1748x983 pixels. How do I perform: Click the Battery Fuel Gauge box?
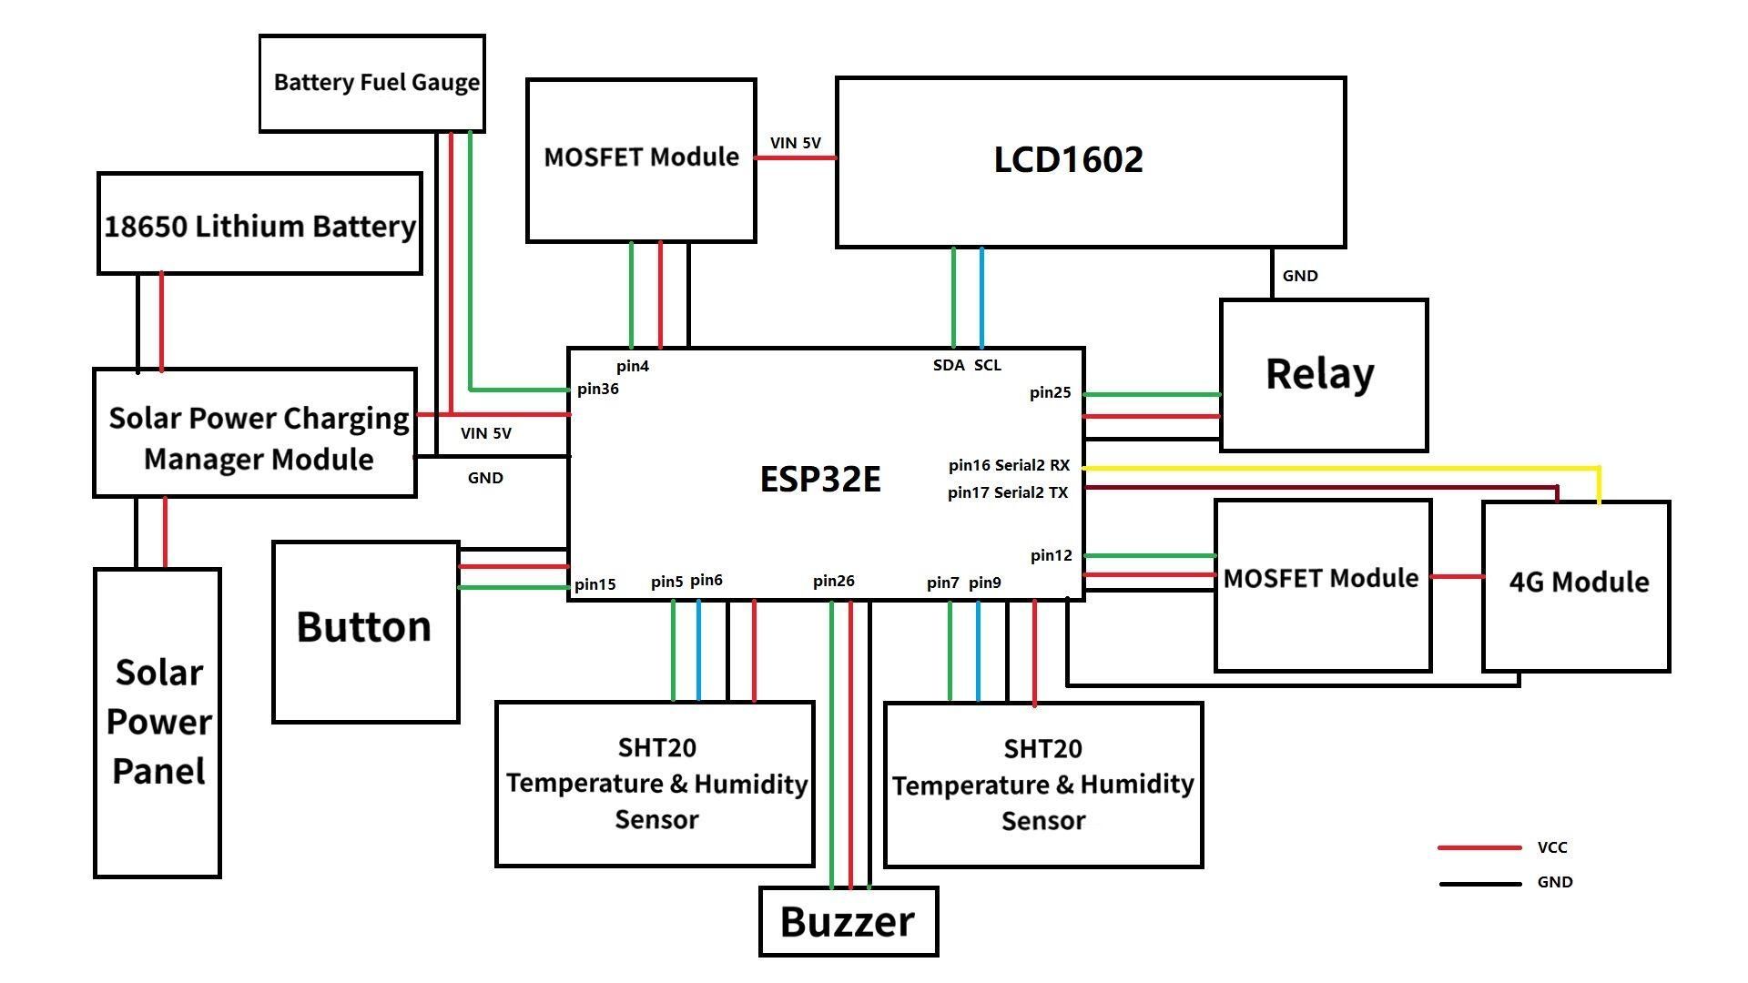click(x=371, y=84)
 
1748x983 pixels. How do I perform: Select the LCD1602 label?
click(x=1068, y=159)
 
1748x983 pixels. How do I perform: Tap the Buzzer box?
click(x=848, y=921)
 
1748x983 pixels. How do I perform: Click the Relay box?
click(x=1323, y=375)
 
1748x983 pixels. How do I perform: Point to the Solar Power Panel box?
click(x=158, y=723)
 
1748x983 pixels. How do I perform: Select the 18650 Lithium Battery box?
click(x=259, y=224)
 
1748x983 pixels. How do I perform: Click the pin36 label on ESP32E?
click(x=598, y=390)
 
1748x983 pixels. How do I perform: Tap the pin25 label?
click(x=1050, y=393)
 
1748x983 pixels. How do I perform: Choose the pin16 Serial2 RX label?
click(x=1009, y=466)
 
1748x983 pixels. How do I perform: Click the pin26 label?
click(x=833, y=582)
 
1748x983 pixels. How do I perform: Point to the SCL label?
click(x=988, y=366)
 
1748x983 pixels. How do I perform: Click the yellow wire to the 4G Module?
click(x=1338, y=468)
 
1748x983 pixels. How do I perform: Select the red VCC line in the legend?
click(x=1479, y=847)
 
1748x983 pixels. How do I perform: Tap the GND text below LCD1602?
click(x=1299, y=277)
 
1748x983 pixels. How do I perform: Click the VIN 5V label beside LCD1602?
click(x=795, y=144)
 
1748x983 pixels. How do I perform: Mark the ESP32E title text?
click(x=820, y=480)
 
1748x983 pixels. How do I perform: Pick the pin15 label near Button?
click(x=595, y=585)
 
